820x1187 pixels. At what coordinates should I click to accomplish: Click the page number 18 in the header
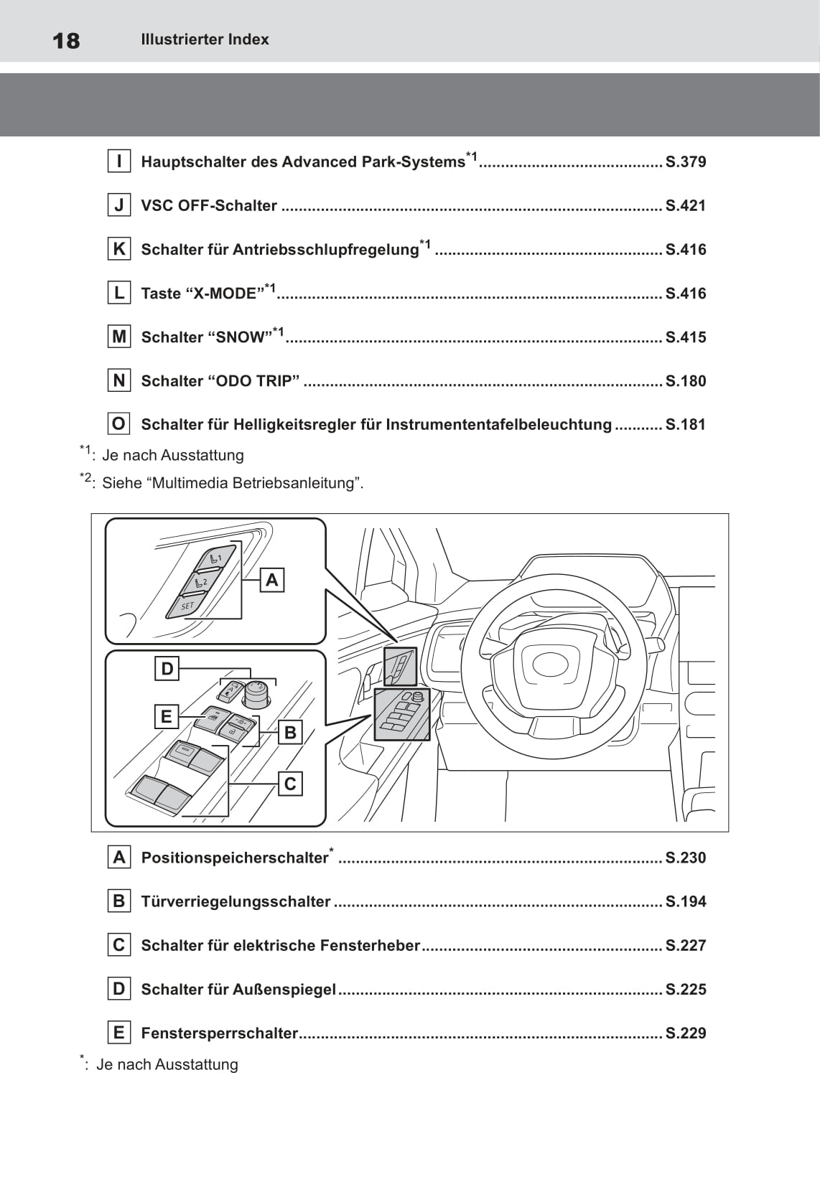click(67, 40)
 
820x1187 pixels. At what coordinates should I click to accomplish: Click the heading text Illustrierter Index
click(205, 39)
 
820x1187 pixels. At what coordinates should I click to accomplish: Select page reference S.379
click(686, 162)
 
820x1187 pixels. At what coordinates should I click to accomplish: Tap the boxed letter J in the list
click(119, 205)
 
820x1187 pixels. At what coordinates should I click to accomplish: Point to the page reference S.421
click(686, 206)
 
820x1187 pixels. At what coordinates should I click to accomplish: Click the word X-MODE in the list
click(225, 294)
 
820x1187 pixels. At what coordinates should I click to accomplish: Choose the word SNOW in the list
click(241, 337)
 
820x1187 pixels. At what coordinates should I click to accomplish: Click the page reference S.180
click(686, 381)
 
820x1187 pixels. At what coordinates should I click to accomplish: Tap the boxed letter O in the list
click(119, 424)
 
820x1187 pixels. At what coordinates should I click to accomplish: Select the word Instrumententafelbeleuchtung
click(498, 424)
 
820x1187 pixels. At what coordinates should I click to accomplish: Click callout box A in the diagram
click(272, 580)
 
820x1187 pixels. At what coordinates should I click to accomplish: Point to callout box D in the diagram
click(167, 669)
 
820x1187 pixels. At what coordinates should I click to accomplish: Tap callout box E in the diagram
click(167, 716)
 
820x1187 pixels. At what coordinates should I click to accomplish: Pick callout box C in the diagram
click(290, 784)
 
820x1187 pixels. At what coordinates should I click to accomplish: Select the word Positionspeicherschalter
click(235, 858)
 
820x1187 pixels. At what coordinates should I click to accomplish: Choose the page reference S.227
click(686, 945)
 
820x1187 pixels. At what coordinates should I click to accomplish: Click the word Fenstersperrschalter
click(219, 1033)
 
